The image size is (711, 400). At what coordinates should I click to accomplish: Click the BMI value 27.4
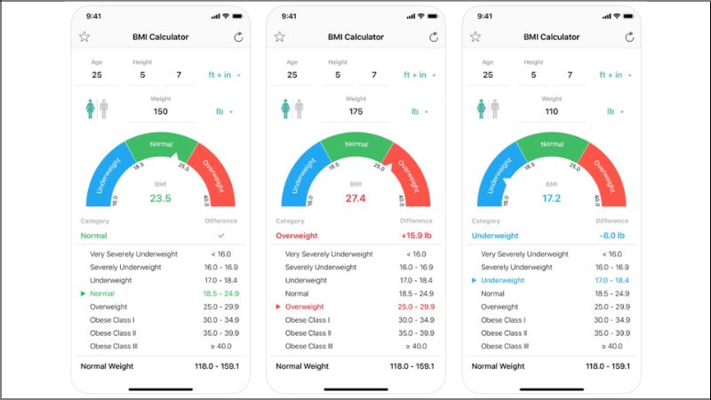coord(355,198)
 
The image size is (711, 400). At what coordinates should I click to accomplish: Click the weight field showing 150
coord(160,112)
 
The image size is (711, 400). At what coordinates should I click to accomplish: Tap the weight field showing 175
coord(355,112)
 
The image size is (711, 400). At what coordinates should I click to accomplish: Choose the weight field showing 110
coord(551,112)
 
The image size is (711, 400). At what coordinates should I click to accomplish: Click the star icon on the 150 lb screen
coord(84,37)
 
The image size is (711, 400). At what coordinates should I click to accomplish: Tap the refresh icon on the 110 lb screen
coord(628,37)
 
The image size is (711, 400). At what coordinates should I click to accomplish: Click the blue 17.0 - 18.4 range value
coord(612,280)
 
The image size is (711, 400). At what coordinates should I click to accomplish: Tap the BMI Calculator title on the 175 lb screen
coord(355,37)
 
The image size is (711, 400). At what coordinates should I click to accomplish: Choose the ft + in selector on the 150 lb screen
coord(224,76)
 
